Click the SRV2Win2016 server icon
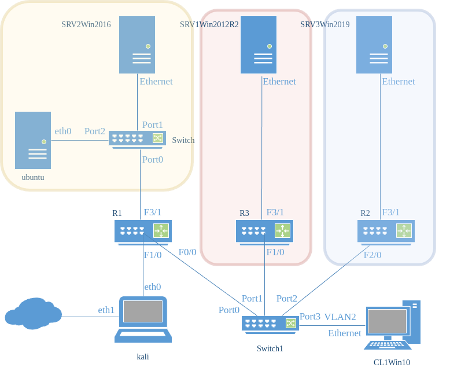(137, 45)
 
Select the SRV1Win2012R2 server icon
(261, 45)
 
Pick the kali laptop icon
(142, 319)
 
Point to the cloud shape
(33, 313)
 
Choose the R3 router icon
(264, 231)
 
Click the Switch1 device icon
(270, 324)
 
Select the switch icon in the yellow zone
(137, 139)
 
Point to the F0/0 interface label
(187, 252)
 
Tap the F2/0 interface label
(373, 255)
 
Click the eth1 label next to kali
(106, 310)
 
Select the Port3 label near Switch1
(310, 317)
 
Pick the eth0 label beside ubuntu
(63, 131)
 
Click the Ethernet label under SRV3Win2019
(399, 82)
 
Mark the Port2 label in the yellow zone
(95, 131)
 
